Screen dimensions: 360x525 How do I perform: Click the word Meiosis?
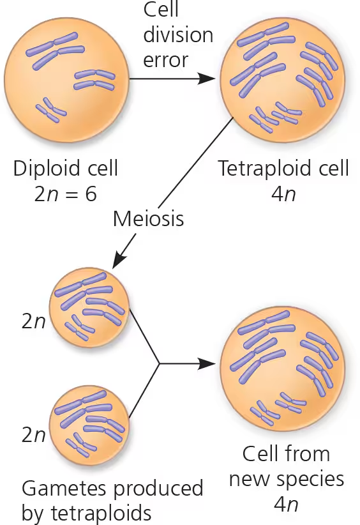[148, 218]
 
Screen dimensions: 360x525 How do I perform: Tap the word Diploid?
[47, 168]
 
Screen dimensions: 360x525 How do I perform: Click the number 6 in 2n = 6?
[91, 194]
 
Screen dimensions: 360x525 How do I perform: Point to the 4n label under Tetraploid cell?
[283, 194]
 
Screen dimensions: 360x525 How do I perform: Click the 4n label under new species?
[285, 504]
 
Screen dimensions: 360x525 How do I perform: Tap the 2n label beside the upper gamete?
[33, 321]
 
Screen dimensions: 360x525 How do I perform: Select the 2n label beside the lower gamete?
[33, 435]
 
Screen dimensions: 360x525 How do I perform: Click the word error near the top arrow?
[165, 60]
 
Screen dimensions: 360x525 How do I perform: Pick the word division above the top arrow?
[178, 35]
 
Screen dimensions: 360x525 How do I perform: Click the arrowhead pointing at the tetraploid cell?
[206, 79]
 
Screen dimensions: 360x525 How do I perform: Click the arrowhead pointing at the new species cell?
[206, 363]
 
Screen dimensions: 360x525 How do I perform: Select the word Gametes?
[66, 488]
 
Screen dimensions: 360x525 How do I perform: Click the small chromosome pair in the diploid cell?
[51, 110]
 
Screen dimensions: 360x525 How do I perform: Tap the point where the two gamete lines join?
[158, 363]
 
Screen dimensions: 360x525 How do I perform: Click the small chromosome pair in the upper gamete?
[80, 328]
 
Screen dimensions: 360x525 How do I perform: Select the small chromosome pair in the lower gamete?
[81, 445]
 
